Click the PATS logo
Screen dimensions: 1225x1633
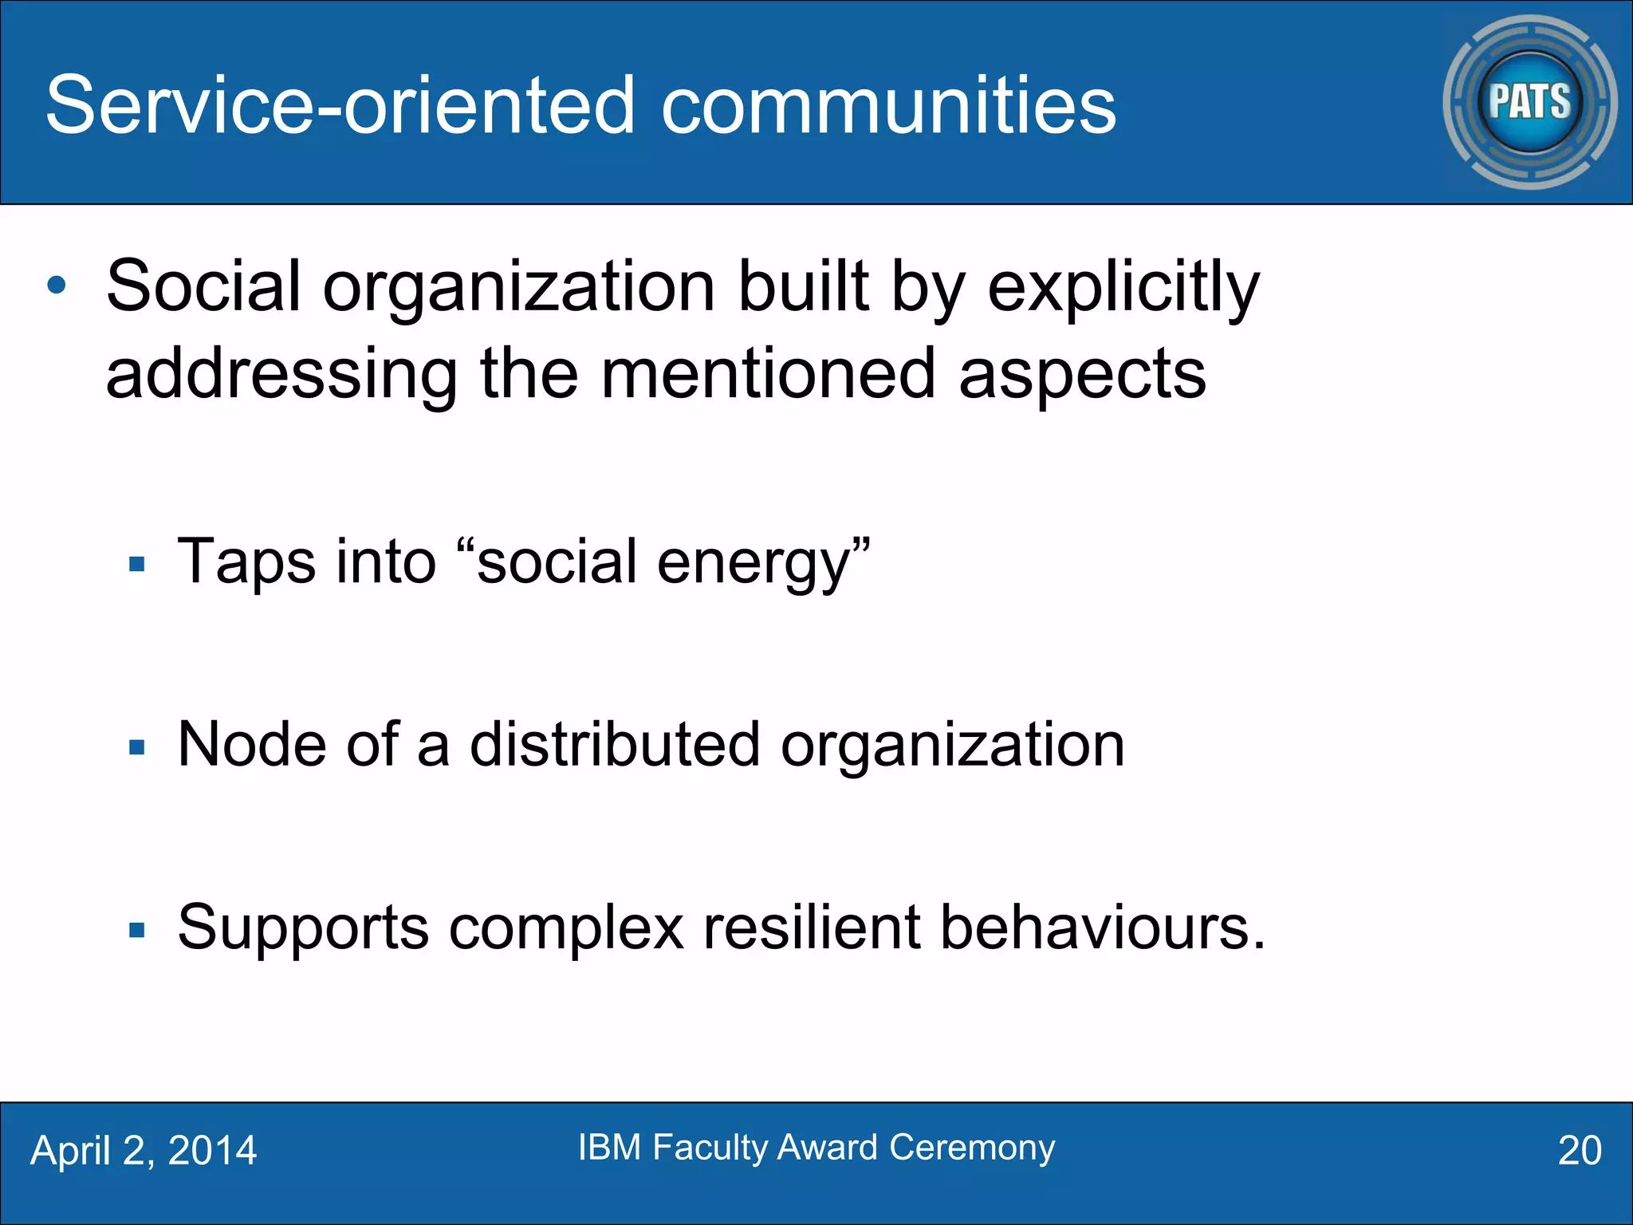(x=1529, y=102)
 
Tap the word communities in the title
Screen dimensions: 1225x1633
(x=888, y=105)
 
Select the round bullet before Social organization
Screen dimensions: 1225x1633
(x=57, y=286)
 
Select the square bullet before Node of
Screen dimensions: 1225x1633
(x=137, y=747)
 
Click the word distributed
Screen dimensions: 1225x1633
(x=614, y=745)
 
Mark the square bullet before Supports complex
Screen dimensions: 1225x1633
(x=137, y=930)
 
